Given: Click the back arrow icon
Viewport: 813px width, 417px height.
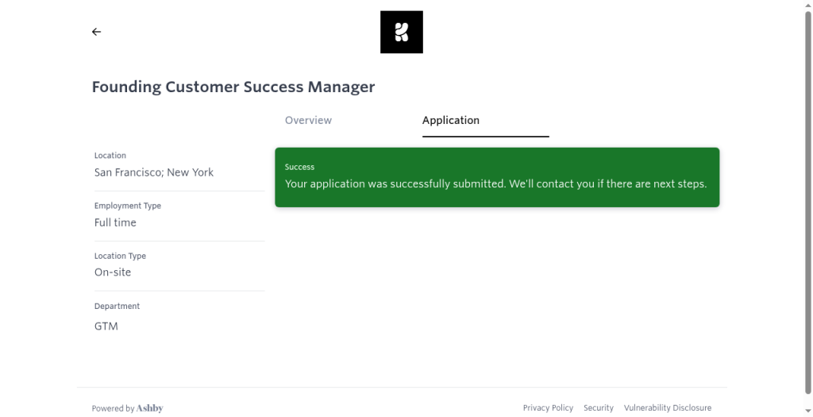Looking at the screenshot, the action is coord(96,32).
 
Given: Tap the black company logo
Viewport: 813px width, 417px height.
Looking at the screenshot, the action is coord(402,32).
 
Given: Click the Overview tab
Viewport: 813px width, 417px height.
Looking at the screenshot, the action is coord(308,120).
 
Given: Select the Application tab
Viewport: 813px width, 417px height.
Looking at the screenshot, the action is coord(451,120).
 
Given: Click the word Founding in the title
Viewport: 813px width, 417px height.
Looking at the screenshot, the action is coord(126,87).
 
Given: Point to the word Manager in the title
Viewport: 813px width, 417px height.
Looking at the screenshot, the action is coord(341,87).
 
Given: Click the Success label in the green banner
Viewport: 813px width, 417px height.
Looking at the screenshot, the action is coord(299,167).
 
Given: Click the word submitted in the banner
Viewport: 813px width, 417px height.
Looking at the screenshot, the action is coord(479,183).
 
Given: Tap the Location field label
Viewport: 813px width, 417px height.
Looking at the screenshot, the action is coord(110,156).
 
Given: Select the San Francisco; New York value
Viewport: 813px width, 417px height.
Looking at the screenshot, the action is coord(154,172).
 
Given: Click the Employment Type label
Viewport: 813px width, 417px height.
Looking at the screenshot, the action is coord(128,206).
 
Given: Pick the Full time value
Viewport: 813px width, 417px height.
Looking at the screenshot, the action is coord(115,222).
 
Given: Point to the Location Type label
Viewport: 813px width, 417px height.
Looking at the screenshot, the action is coord(121,257).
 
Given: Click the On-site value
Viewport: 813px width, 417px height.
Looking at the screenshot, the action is coord(113,272).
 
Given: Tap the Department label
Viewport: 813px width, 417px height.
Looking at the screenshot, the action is coord(118,307).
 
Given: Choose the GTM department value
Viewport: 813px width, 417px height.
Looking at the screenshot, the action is coord(106,326).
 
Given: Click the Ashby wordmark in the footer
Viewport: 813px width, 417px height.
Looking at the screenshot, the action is coord(150,408).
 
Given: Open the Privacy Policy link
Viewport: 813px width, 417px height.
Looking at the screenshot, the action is coord(548,408).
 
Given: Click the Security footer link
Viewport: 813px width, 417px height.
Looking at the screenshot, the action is coord(599,408).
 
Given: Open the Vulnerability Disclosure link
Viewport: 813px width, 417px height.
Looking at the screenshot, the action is coord(667,408).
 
